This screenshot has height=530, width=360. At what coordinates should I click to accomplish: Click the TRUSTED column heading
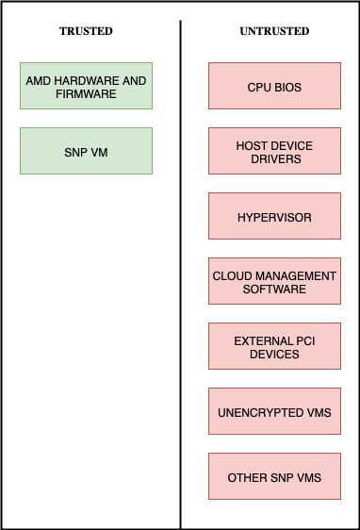click(x=86, y=31)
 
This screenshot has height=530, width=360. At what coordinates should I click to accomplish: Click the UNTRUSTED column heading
click(x=274, y=31)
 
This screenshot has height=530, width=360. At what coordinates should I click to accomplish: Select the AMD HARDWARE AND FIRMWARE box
click(x=86, y=87)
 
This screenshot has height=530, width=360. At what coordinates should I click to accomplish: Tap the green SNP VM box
click(x=86, y=151)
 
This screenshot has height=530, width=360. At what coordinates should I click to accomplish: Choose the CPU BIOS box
click(x=274, y=87)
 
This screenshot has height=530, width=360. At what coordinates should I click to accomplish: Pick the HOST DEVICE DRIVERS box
click(x=274, y=152)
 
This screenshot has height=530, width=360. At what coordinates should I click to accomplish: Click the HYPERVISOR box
click(x=274, y=217)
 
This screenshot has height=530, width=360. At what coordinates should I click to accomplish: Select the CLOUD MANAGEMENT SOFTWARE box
click(x=274, y=282)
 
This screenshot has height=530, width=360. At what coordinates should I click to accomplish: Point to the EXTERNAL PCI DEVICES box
click(x=274, y=347)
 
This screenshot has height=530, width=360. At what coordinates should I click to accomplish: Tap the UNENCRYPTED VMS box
click(x=274, y=412)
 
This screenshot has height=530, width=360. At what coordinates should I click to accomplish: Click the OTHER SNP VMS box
click(x=274, y=477)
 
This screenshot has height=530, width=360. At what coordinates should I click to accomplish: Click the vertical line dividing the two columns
click(x=180, y=283)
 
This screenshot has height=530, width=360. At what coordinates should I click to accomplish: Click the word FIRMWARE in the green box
click(x=86, y=93)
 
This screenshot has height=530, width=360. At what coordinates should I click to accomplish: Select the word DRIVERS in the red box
click(x=274, y=158)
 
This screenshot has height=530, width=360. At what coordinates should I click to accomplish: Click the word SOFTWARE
click(x=274, y=289)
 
